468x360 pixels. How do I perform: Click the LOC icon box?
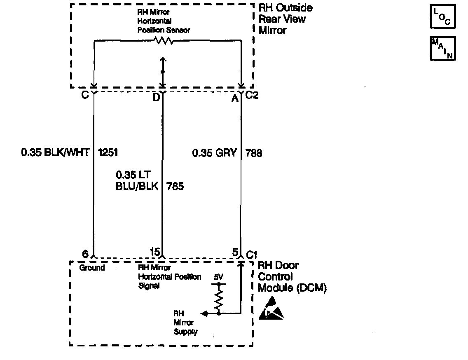click(443, 16)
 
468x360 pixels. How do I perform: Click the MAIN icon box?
click(443, 49)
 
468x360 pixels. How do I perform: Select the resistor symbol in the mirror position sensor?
click(164, 40)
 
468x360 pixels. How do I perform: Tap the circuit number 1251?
click(108, 153)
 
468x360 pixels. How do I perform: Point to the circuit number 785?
click(175, 186)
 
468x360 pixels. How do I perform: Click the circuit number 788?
click(254, 153)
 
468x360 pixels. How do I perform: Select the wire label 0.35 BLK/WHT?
click(55, 153)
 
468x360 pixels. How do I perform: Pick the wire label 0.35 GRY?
click(215, 153)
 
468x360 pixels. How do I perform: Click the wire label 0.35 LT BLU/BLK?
click(137, 181)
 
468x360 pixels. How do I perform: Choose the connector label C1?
click(251, 255)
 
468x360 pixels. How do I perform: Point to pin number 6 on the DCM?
click(85, 254)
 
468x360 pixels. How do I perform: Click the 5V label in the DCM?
click(219, 277)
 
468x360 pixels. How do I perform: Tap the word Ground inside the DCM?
click(91, 268)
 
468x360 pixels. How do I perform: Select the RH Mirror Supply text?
click(185, 323)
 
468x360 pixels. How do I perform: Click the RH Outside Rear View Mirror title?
click(285, 19)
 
